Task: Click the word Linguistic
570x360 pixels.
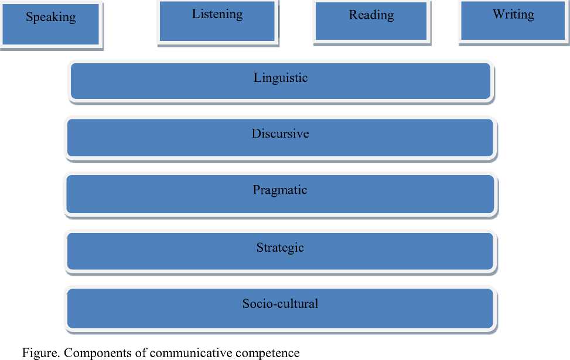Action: click(280, 77)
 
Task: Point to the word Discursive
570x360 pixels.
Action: click(280, 133)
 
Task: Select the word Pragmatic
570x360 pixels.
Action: click(280, 190)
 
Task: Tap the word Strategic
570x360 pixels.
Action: click(280, 247)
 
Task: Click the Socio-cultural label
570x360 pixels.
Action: click(280, 303)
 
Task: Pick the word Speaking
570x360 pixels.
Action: click(50, 17)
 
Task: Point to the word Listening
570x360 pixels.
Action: click(217, 14)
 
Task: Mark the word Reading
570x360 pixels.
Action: click(371, 15)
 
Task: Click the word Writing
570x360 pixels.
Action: click(513, 15)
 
